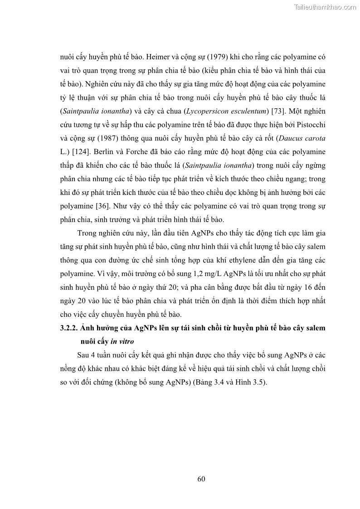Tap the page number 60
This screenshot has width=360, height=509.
click(202, 479)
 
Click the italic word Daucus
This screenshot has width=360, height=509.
click(290, 138)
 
